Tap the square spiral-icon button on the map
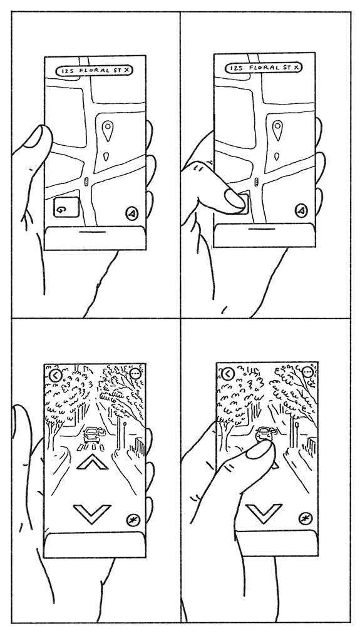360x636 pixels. [66, 207]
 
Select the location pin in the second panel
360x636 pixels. [277, 130]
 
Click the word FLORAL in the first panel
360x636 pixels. [95, 71]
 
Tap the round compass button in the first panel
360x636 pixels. [132, 213]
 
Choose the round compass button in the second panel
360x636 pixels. [301, 210]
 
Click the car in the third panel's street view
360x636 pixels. [92, 435]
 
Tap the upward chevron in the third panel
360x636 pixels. [93, 462]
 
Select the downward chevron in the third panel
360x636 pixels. [92, 513]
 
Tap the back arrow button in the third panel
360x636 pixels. [56, 375]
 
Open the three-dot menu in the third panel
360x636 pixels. [136, 374]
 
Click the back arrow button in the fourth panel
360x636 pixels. [228, 374]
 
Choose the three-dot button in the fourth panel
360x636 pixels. [308, 372]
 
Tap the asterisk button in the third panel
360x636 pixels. [133, 520]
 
